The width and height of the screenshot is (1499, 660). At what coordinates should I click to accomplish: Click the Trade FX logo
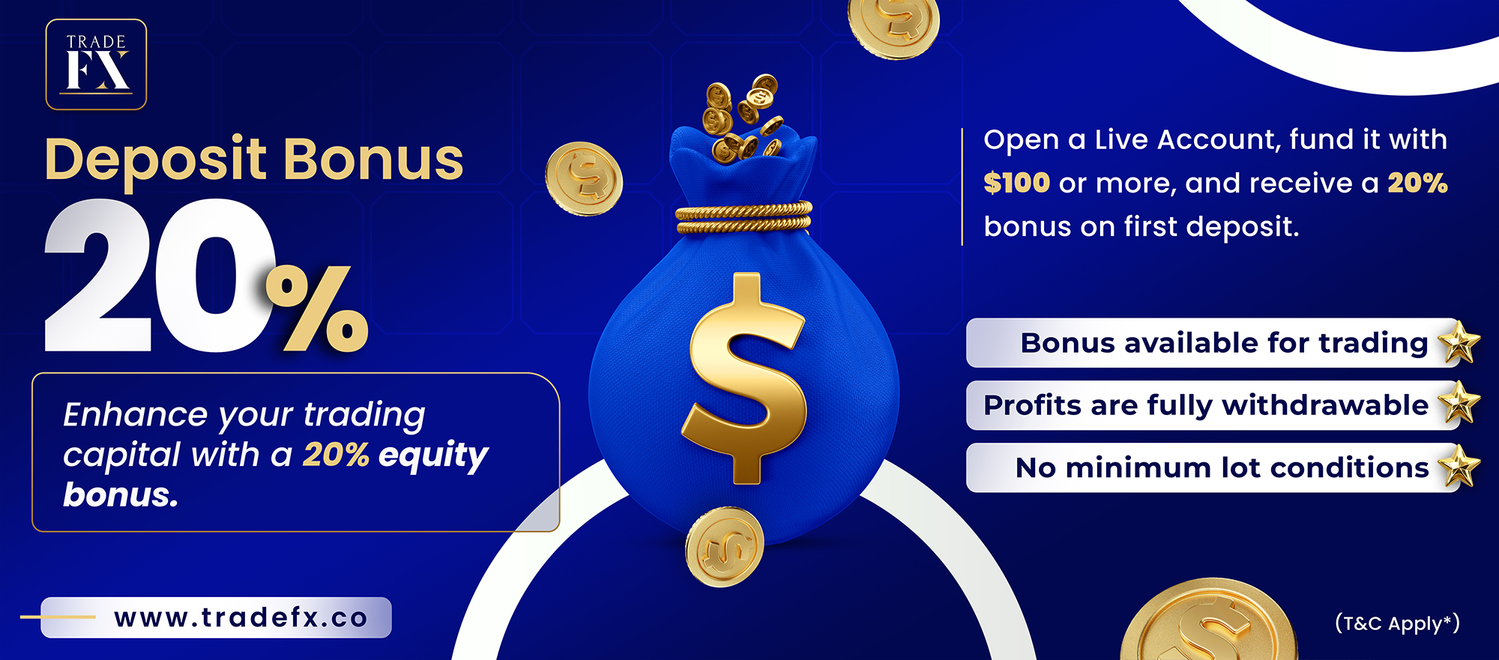point(96,64)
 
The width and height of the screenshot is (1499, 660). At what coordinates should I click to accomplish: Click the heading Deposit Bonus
point(254,160)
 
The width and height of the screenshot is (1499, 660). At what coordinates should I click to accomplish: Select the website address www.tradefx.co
point(241,618)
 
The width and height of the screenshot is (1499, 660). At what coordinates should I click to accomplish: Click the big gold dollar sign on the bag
point(744,378)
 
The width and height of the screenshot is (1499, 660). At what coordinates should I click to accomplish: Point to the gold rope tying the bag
point(744,217)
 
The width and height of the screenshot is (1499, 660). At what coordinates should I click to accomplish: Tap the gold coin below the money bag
point(724,546)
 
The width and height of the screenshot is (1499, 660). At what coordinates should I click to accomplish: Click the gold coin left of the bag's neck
point(584,179)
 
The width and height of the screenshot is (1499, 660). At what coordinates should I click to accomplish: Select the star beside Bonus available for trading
point(1459,342)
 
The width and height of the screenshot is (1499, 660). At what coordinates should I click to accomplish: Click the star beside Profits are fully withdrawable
point(1459,403)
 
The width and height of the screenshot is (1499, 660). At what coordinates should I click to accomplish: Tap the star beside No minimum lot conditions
point(1459,465)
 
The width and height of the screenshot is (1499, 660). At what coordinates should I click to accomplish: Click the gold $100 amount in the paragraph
point(1016,183)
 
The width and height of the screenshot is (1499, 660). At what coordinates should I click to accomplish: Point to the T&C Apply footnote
point(1397,623)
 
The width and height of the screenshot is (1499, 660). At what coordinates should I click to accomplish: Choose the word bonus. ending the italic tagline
point(121,494)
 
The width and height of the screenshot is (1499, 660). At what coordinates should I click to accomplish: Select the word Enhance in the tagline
point(136,414)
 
